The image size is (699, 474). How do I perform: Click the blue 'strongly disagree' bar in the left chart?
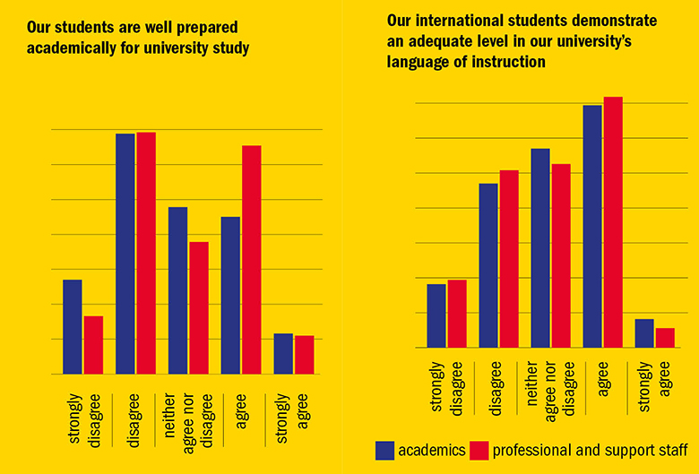point(72,327)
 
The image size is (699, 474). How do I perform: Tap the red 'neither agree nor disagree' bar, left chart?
point(199,307)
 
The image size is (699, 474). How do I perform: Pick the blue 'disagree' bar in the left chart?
point(125,254)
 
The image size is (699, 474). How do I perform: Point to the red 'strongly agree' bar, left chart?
point(304,355)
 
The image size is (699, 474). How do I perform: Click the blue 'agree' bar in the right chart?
point(592,226)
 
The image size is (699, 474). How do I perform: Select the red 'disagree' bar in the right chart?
point(508,258)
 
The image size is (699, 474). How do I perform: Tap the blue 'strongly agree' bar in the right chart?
point(644,332)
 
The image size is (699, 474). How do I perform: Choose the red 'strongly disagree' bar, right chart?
point(456,313)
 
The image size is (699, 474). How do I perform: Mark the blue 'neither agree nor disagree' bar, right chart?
point(540,247)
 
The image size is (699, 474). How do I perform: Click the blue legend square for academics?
point(385,450)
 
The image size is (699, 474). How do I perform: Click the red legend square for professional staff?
point(479,450)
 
